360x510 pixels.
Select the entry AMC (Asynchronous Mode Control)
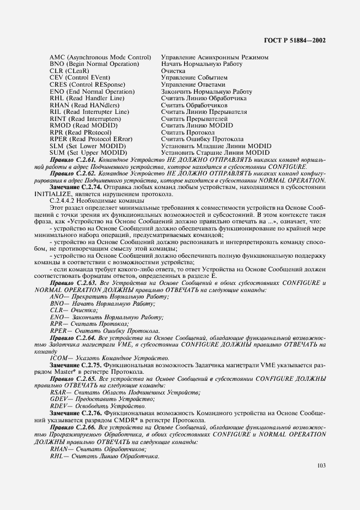pos(100,57)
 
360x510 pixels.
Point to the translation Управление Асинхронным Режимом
pos(215,57)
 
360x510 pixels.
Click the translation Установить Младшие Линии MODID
pos(216,146)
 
